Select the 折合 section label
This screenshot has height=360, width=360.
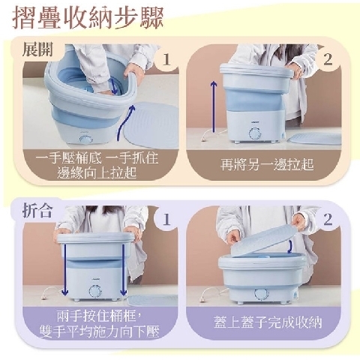(37, 211)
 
